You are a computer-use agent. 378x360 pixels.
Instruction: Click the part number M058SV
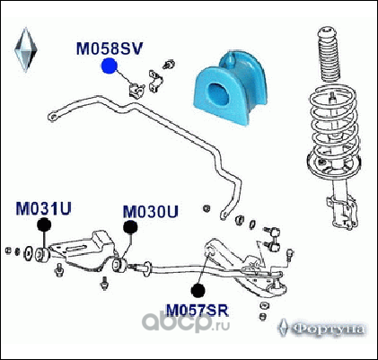(x=110, y=48)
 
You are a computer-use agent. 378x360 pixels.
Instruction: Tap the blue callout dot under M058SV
(x=109, y=66)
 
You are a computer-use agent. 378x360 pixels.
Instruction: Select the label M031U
(x=43, y=208)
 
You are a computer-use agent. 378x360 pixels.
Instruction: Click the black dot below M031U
(x=44, y=225)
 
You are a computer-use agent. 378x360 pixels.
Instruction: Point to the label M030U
(x=151, y=212)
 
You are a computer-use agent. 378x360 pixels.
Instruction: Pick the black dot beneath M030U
(x=130, y=227)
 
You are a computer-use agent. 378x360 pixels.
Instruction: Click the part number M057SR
(x=198, y=311)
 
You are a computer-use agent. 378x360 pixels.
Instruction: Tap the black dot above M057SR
(x=198, y=290)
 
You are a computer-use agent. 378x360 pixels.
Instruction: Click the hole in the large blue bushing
(x=219, y=94)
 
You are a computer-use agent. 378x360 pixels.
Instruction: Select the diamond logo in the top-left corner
(x=26, y=49)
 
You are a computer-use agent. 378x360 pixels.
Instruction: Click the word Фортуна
(x=328, y=329)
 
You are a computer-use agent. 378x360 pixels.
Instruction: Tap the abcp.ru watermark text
(x=186, y=321)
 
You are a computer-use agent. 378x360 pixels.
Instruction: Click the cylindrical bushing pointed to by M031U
(x=42, y=255)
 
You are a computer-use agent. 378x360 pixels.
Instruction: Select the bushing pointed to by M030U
(x=119, y=265)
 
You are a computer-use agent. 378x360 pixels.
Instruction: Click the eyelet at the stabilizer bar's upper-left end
(x=52, y=116)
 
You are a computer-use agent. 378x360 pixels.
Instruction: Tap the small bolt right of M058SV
(x=169, y=65)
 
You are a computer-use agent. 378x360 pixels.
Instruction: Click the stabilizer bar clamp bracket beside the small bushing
(x=155, y=81)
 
